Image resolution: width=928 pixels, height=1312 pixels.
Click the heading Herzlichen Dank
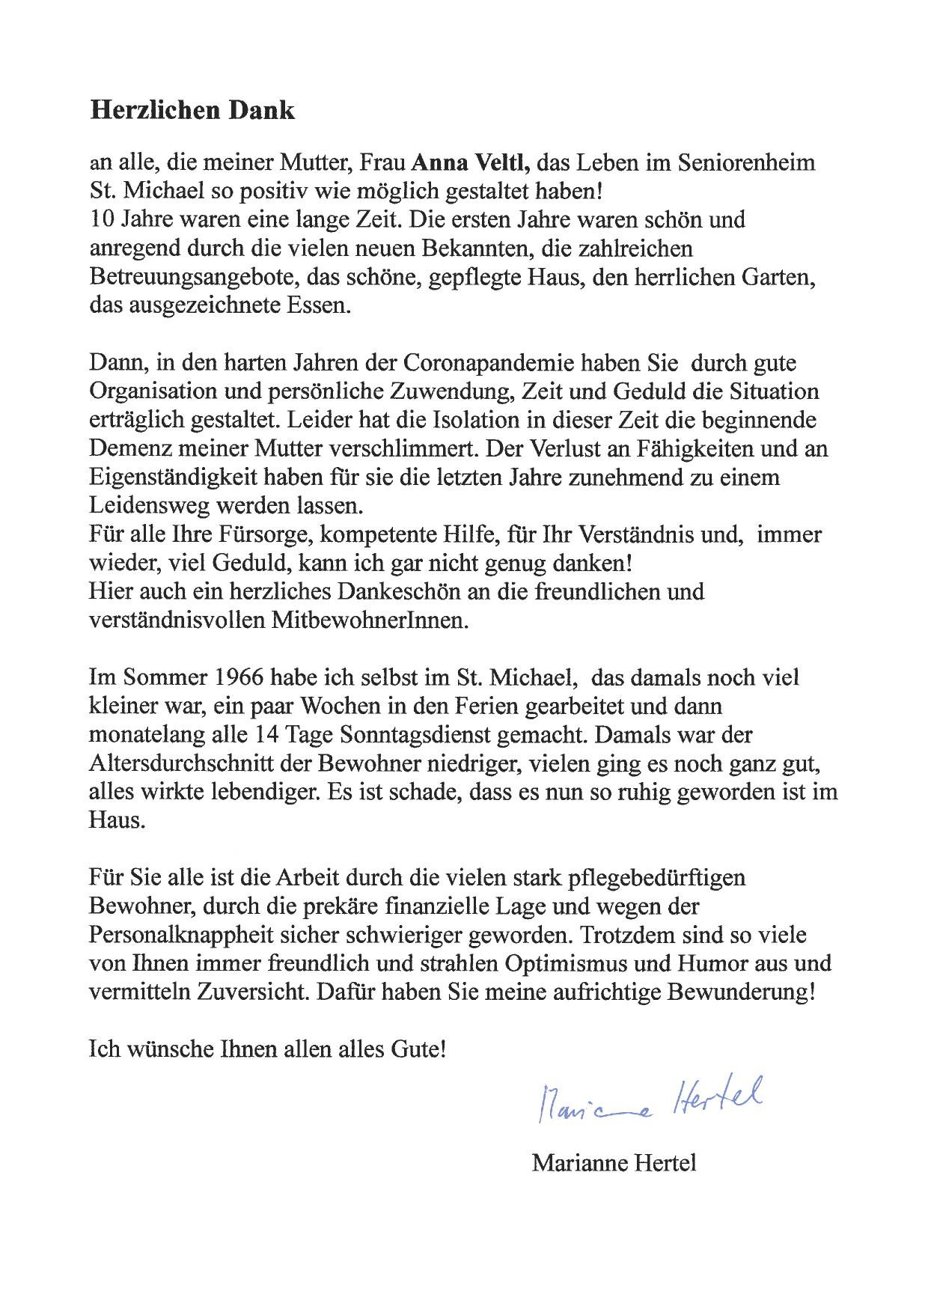pos(192,110)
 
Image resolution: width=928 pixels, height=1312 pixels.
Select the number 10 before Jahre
pos(100,220)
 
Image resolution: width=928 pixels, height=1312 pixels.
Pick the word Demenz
pos(128,449)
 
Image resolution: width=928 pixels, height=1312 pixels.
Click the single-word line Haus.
pos(115,820)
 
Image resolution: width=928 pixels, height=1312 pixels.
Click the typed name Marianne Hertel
pos(614,1164)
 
